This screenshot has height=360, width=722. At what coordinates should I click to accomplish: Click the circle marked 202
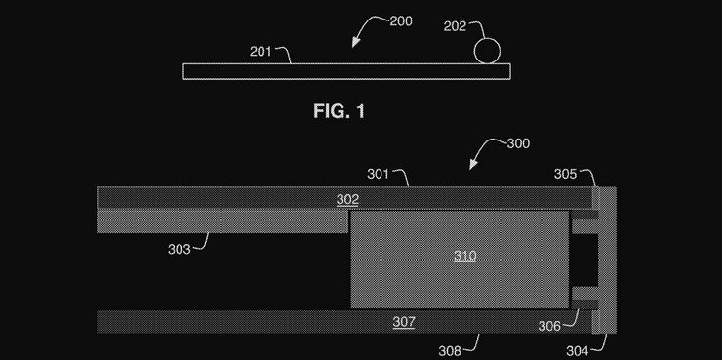click(487, 51)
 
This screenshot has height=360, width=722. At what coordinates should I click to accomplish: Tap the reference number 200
click(401, 21)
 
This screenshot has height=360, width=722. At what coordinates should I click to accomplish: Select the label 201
click(261, 52)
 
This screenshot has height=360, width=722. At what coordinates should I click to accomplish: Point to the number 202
click(455, 26)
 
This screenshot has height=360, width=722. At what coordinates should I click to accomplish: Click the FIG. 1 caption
click(340, 111)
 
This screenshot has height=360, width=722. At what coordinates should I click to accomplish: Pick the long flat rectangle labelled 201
click(346, 71)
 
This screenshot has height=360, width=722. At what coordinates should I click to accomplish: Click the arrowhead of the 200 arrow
click(355, 43)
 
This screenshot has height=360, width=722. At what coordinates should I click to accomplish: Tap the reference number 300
click(518, 143)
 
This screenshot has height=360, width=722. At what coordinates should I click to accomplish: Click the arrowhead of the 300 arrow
click(473, 164)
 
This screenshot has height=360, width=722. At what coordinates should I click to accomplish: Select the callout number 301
click(378, 174)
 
